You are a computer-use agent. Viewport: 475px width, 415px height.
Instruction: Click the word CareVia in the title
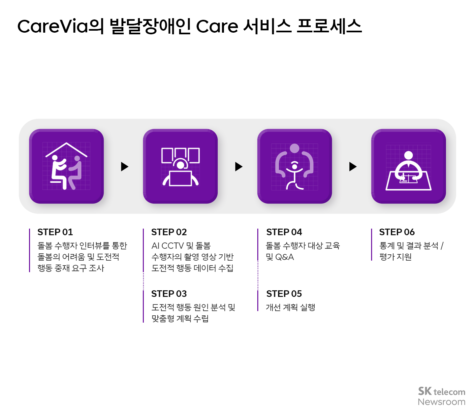(53, 26)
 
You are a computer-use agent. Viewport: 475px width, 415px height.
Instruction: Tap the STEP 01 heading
(55, 232)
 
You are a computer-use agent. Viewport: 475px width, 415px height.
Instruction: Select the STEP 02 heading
(169, 232)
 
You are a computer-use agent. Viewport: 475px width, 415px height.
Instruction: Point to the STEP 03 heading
(169, 294)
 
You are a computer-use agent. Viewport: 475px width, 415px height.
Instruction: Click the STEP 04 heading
(284, 232)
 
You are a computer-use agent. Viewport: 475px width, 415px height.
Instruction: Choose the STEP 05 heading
(284, 294)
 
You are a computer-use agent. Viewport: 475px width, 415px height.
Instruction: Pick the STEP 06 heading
(397, 232)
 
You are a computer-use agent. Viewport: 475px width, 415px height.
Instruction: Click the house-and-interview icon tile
(66, 166)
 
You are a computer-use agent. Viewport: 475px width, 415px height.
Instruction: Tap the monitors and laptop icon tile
(180, 166)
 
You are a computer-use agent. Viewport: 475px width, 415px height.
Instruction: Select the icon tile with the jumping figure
(295, 166)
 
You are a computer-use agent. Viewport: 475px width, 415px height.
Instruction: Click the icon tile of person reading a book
(408, 166)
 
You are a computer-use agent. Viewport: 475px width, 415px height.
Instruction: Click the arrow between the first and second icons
(124, 167)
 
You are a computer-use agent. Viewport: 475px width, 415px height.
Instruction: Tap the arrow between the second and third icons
(238, 167)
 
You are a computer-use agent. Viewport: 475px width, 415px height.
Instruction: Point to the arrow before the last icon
(353, 167)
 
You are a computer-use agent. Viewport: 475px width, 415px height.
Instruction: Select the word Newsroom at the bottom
(441, 402)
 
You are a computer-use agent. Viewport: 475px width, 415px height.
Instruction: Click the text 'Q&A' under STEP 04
(284, 257)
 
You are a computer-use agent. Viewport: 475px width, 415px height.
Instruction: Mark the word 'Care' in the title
(217, 26)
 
